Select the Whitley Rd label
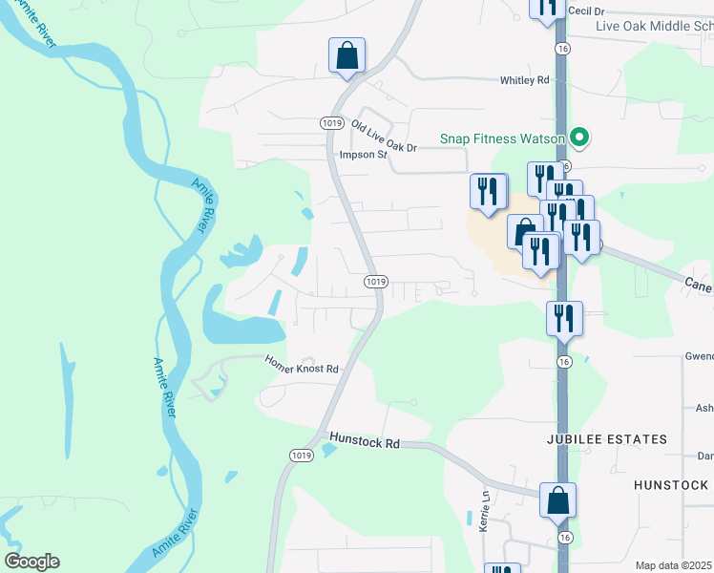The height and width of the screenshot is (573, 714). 525,81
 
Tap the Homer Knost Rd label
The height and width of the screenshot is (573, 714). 302,369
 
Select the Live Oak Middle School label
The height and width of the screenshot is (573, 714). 654,26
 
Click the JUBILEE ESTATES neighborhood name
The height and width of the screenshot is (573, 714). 606,439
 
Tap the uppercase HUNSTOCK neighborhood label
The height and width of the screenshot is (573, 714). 673,485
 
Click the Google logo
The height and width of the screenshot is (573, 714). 31,562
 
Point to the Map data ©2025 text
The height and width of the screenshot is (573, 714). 673,565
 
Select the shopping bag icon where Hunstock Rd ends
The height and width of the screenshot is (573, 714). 557,500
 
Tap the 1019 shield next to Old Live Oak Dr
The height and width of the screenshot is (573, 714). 331,123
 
